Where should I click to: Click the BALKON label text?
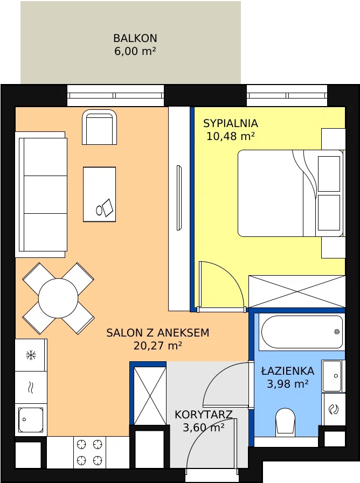tap(135, 38)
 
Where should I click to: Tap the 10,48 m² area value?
tap(231, 136)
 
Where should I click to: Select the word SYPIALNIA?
tap(231, 123)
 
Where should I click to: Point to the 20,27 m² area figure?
tap(157, 346)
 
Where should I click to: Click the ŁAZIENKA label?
tap(288, 370)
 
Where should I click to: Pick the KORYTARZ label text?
tap(203, 415)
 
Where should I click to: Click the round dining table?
tap(58, 298)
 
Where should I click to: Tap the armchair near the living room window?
tap(100, 127)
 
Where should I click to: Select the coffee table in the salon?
tap(100, 194)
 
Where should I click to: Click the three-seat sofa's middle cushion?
tap(45, 195)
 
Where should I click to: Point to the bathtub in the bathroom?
tap(302, 332)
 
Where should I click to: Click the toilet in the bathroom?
tap(286, 422)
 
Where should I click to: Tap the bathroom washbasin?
tap(332, 376)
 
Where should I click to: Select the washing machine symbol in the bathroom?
tap(334, 409)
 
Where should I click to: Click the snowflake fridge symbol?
tap(31, 355)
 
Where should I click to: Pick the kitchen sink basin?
tap(31, 420)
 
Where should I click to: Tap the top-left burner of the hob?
tap(81, 444)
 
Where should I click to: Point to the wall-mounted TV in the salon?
tap(179, 198)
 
